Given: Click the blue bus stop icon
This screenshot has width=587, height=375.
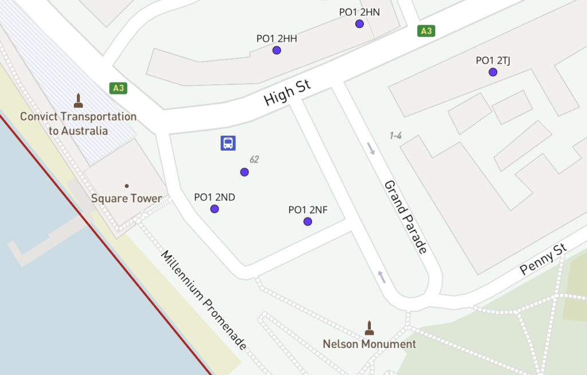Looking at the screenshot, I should tap(228, 143).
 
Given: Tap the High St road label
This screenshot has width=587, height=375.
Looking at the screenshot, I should tap(287, 93).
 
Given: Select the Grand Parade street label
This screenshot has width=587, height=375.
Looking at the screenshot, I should tap(406, 217).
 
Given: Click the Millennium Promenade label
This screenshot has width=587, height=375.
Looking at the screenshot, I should tap(204, 300).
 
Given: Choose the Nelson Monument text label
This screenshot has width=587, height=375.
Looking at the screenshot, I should tap(369, 344).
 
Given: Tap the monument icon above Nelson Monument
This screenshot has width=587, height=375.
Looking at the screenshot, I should tap(369, 327).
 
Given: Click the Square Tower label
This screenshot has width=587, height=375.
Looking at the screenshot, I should tap(127, 199).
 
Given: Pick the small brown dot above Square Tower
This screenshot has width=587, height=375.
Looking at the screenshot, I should tap(127, 185).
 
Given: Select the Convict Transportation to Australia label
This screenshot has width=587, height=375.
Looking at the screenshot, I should tap(79, 124).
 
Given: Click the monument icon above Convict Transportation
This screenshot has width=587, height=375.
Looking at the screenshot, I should tap(79, 101).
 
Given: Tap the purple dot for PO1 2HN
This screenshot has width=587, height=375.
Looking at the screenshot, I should tap(359, 23).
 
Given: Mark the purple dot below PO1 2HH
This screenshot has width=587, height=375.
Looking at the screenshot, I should tap(277, 50).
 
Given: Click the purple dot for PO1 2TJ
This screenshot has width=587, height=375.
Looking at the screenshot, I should tap(493, 72).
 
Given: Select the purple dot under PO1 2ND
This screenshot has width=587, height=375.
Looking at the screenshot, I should tap(214, 209).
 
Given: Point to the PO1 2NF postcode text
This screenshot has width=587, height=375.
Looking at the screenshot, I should tap(308, 210).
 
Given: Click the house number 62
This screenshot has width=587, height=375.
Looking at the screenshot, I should tap(254, 159).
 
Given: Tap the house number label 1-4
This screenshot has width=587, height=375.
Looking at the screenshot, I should tap(396, 136).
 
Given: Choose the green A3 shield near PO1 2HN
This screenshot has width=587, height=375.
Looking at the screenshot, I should tap(426, 31).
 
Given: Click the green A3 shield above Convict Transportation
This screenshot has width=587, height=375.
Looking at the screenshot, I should tap(119, 88).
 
